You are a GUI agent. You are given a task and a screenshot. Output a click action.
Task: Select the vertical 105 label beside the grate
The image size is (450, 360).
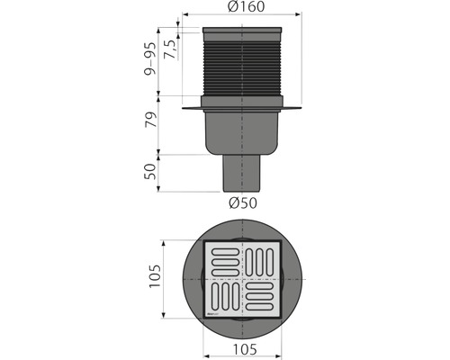click(154, 279)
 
